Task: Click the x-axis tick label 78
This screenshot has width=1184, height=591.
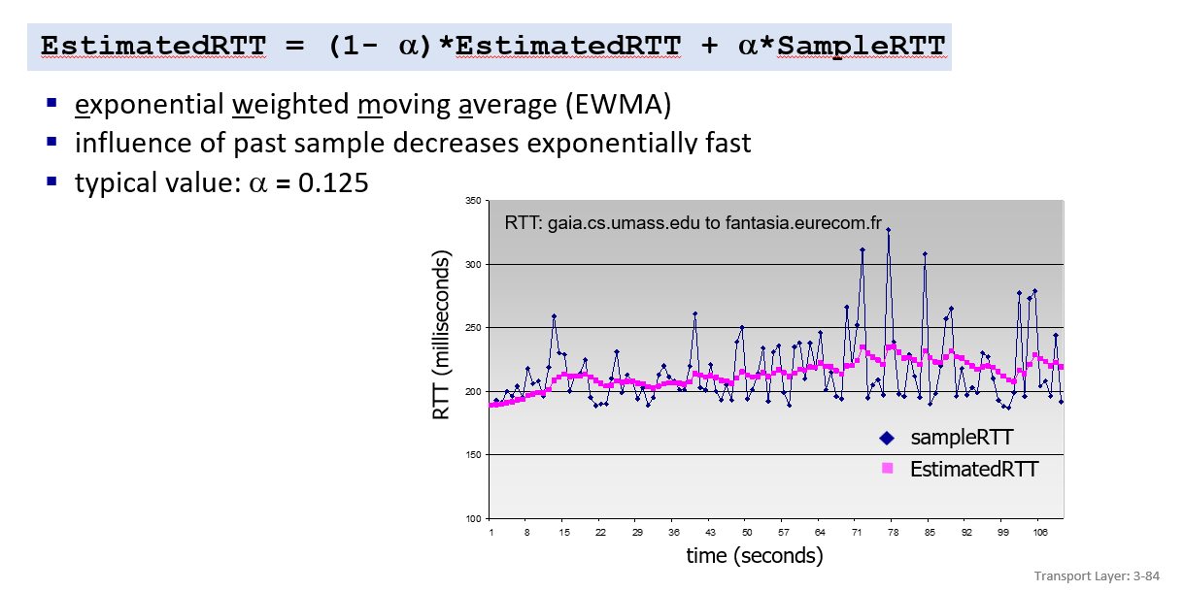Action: pyautogui.click(x=894, y=533)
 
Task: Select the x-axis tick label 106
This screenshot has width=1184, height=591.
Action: pyautogui.click(x=1039, y=533)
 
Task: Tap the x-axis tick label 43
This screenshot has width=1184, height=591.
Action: pyautogui.click(x=710, y=533)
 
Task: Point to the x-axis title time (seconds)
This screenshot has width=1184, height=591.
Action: pyautogui.click(x=754, y=556)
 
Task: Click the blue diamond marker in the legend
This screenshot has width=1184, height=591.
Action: pyautogui.click(x=886, y=438)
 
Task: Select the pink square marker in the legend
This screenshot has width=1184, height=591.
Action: pyautogui.click(x=886, y=469)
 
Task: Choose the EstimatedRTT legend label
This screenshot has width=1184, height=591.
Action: pyautogui.click(x=973, y=470)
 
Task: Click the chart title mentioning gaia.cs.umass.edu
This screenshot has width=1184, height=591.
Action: pyautogui.click(x=693, y=223)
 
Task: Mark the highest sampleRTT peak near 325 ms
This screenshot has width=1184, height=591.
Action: pyautogui.click(x=888, y=230)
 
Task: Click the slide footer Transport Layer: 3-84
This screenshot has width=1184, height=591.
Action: pyautogui.click(x=1101, y=575)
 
